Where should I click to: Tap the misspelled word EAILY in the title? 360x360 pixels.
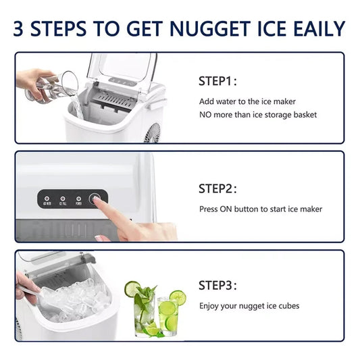click(x=316, y=28)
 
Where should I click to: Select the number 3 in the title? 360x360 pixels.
click(x=21, y=28)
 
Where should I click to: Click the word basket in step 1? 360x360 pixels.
click(x=303, y=115)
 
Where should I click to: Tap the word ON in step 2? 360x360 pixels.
click(x=228, y=209)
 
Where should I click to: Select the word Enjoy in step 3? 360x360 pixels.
click(x=209, y=306)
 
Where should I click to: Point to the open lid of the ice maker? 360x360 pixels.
click(x=122, y=68)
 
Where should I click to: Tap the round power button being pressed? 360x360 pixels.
click(x=97, y=200)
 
